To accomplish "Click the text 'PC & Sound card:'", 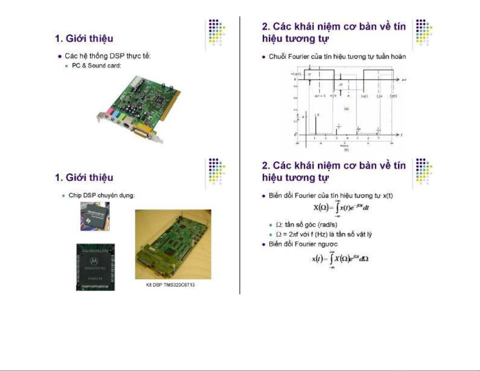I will coord(96,66).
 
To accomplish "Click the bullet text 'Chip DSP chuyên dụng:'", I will coord(101,195).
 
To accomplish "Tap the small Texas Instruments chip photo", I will coord(95,216).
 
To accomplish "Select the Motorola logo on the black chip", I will coord(94,261).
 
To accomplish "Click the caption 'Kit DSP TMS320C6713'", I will coord(170,285).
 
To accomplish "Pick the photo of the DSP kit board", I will coord(173,244).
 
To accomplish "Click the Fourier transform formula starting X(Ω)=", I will coord(341,208).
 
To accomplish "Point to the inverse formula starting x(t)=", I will coord(340,259).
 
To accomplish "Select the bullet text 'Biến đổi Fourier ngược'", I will coord(303,244).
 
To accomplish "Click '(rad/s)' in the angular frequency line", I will coord(327,225).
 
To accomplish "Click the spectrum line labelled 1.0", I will coord(316,125).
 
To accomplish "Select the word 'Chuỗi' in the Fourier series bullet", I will coord(277,57).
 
